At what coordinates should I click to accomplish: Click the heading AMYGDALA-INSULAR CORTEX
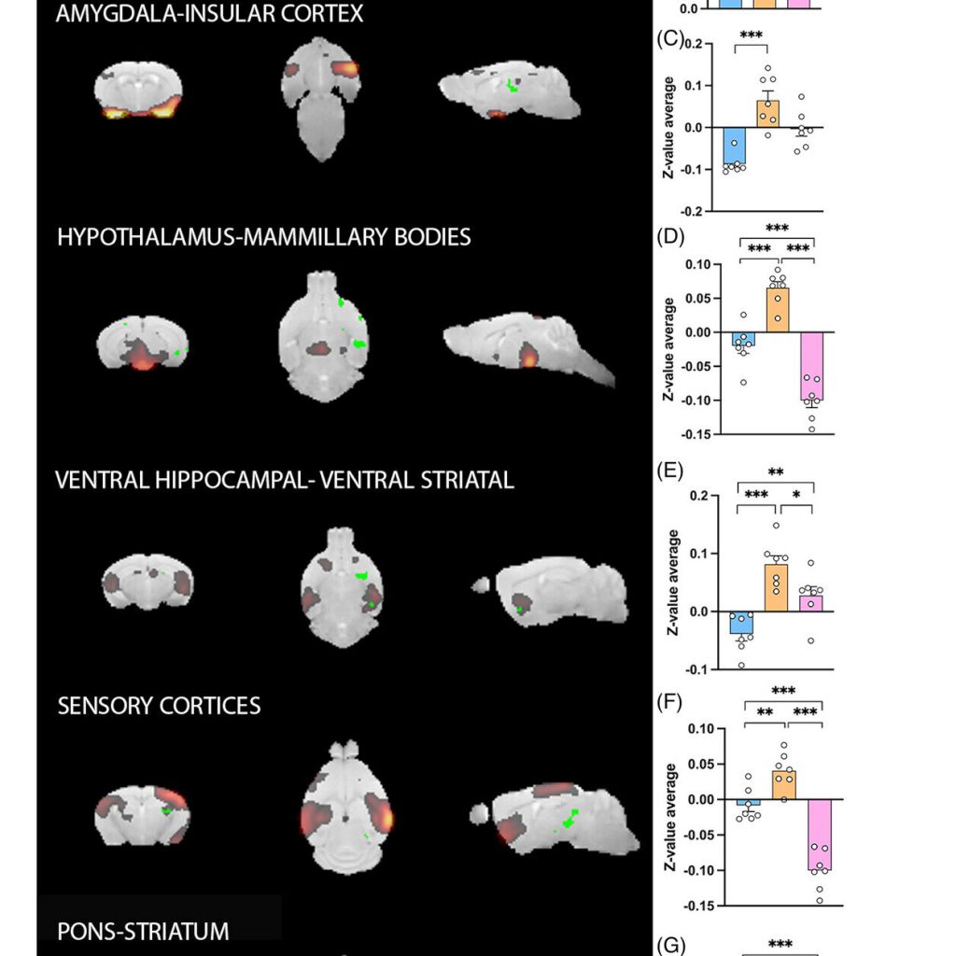pyautogui.click(x=209, y=13)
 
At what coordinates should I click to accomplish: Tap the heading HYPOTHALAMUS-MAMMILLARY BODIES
pyautogui.click(x=264, y=236)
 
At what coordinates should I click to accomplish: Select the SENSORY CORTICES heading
pyautogui.click(x=159, y=706)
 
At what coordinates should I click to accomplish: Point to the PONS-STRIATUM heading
pyautogui.click(x=143, y=931)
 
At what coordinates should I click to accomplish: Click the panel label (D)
pyautogui.click(x=670, y=236)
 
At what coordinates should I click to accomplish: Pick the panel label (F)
pyautogui.click(x=668, y=702)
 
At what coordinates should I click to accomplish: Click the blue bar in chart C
pyautogui.click(x=734, y=147)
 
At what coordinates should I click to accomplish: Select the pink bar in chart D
pyautogui.click(x=811, y=366)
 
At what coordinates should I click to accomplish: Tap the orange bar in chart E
pyautogui.click(x=776, y=588)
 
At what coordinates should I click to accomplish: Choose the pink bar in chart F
pyautogui.click(x=820, y=835)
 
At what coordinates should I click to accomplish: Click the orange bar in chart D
pyautogui.click(x=778, y=310)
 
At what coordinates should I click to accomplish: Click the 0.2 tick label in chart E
pyautogui.click(x=699, y=496)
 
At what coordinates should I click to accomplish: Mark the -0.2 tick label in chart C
pyautogui.click(x=692, y=212)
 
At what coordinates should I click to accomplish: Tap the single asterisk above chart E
pyautogui.click(x=796, y=495)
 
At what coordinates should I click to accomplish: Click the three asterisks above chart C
pyautogui.click(x=752, y=35)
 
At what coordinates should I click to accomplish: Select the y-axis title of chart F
pyautogui.click(x=670, y=817)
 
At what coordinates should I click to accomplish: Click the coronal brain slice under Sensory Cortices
pyautogui.click(x=142, y=815)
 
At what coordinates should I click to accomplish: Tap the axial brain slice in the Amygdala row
pyautogui.click(x=321, y=99)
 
